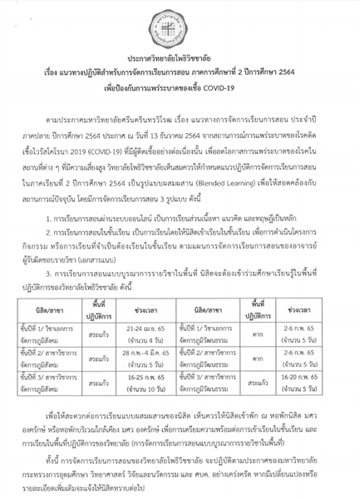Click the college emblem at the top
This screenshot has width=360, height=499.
pyautogui.click(x=180, y=23)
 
